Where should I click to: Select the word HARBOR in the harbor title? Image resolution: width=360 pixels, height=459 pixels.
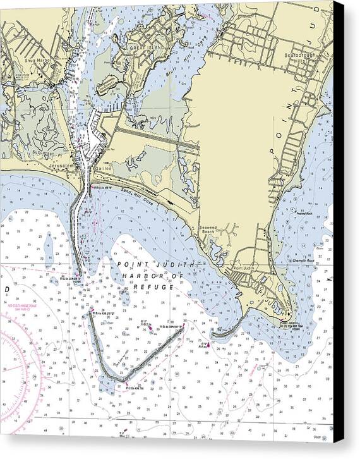point(145,276)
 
